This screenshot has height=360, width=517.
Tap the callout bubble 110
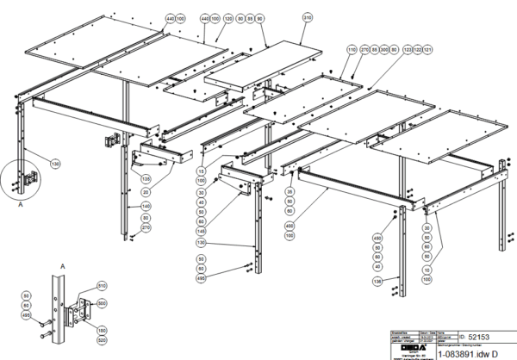coord(352,51)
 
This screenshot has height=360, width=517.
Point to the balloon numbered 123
coord(408,51)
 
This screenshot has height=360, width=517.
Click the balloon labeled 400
coord(290,227)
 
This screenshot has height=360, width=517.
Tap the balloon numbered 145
coord(201,231)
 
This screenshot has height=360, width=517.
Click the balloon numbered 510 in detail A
coord(102,285)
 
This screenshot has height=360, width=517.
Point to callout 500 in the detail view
coord(102,303)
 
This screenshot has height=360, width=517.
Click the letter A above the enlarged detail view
coord(62,268)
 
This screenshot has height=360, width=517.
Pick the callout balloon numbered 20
coord(145,191)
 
